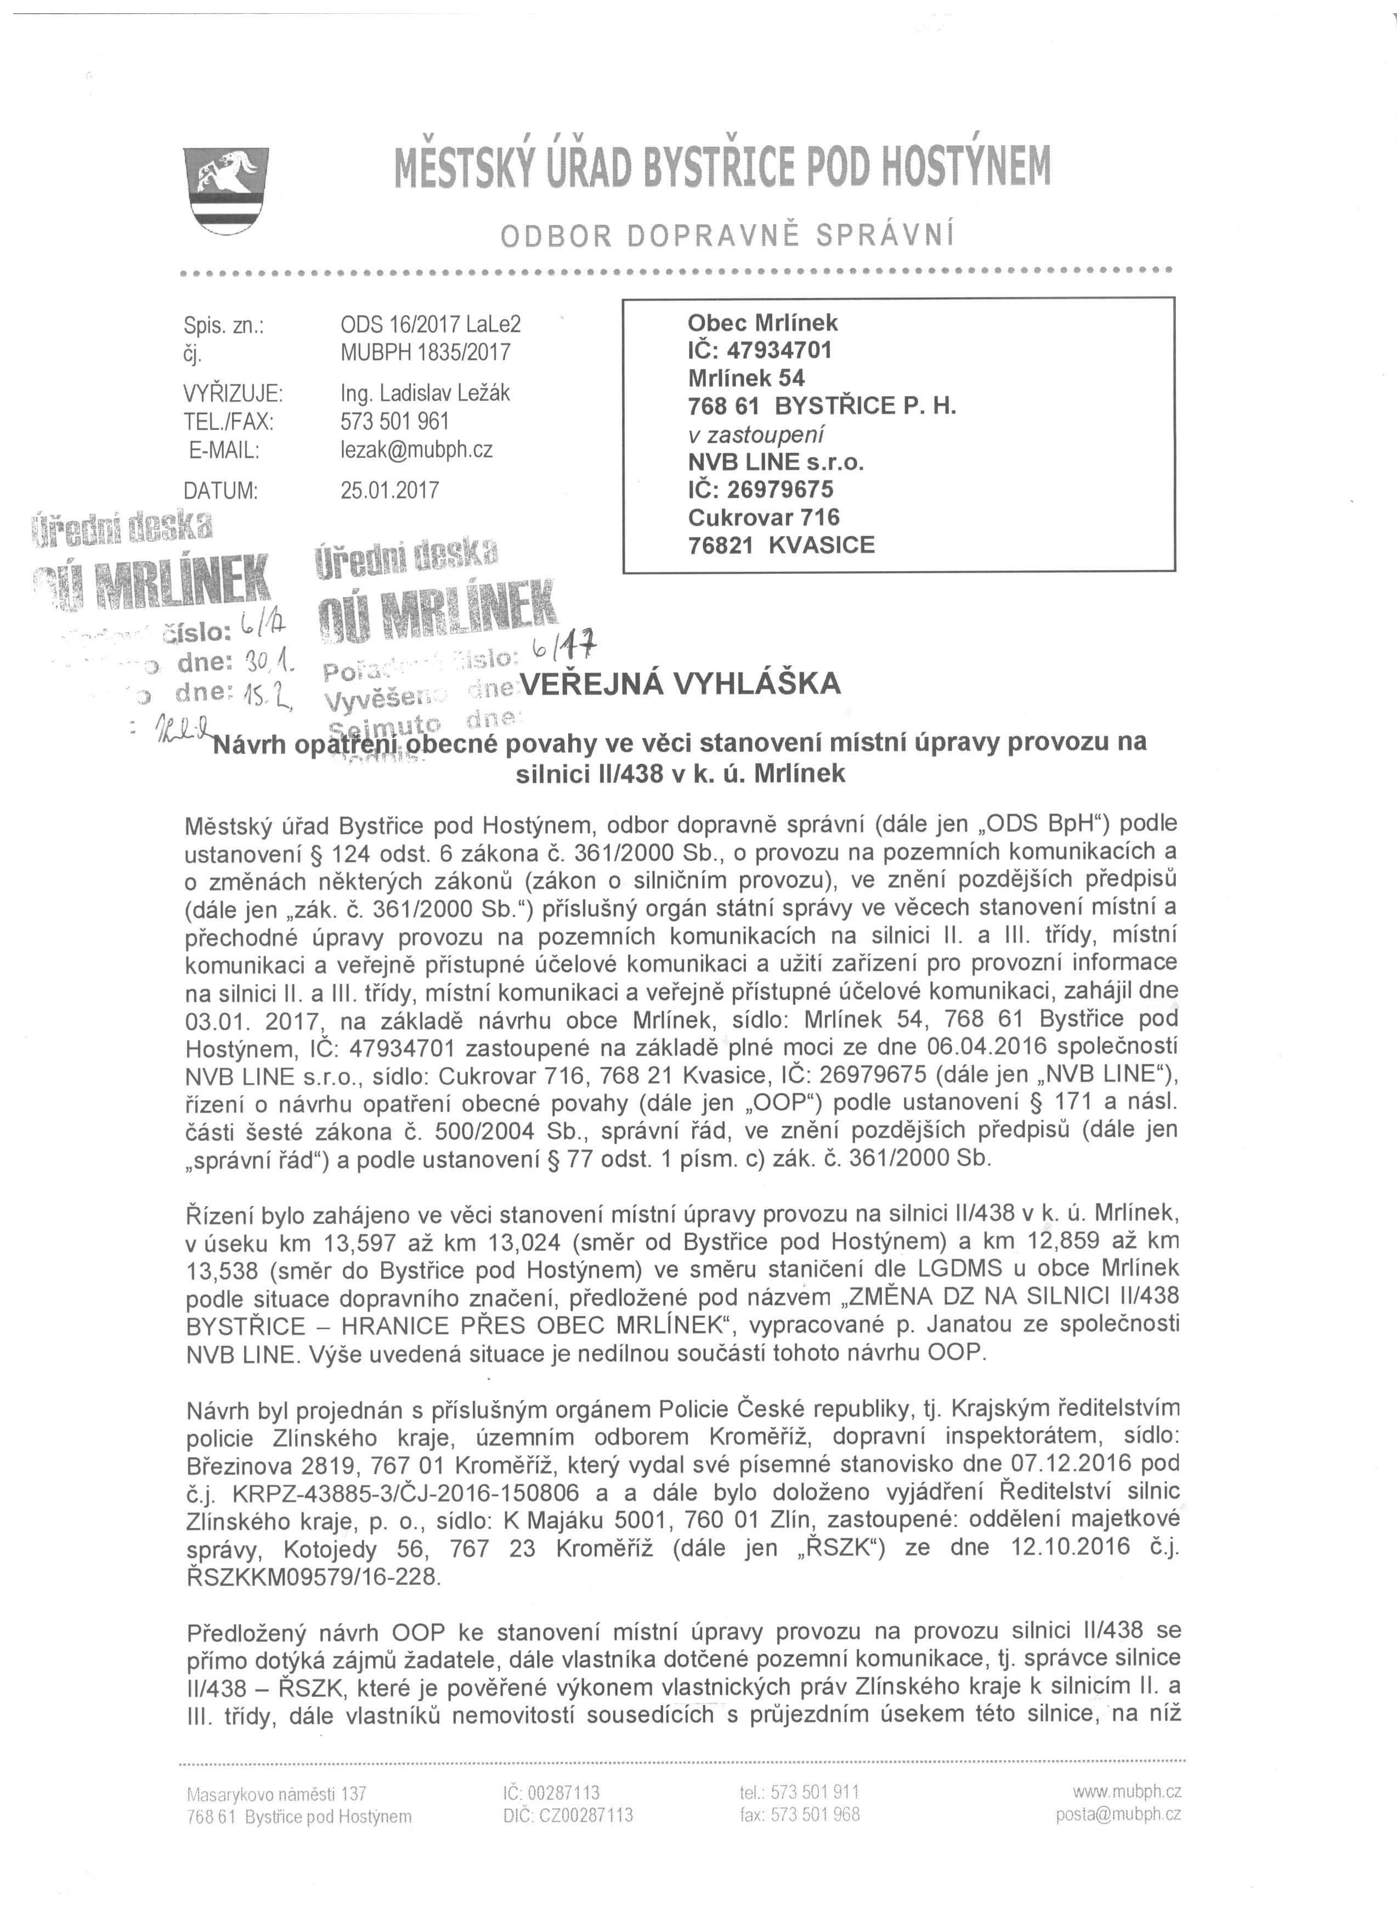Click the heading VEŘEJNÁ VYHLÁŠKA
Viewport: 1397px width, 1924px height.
680,684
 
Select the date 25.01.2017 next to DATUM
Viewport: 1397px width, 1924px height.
389,490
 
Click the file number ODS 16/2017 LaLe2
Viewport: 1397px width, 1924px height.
430,324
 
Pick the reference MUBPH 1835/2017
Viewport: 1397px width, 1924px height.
425,351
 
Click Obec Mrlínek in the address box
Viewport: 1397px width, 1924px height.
762,323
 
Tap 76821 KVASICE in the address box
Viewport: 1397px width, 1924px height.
780,545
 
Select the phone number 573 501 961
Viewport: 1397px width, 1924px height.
394,422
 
